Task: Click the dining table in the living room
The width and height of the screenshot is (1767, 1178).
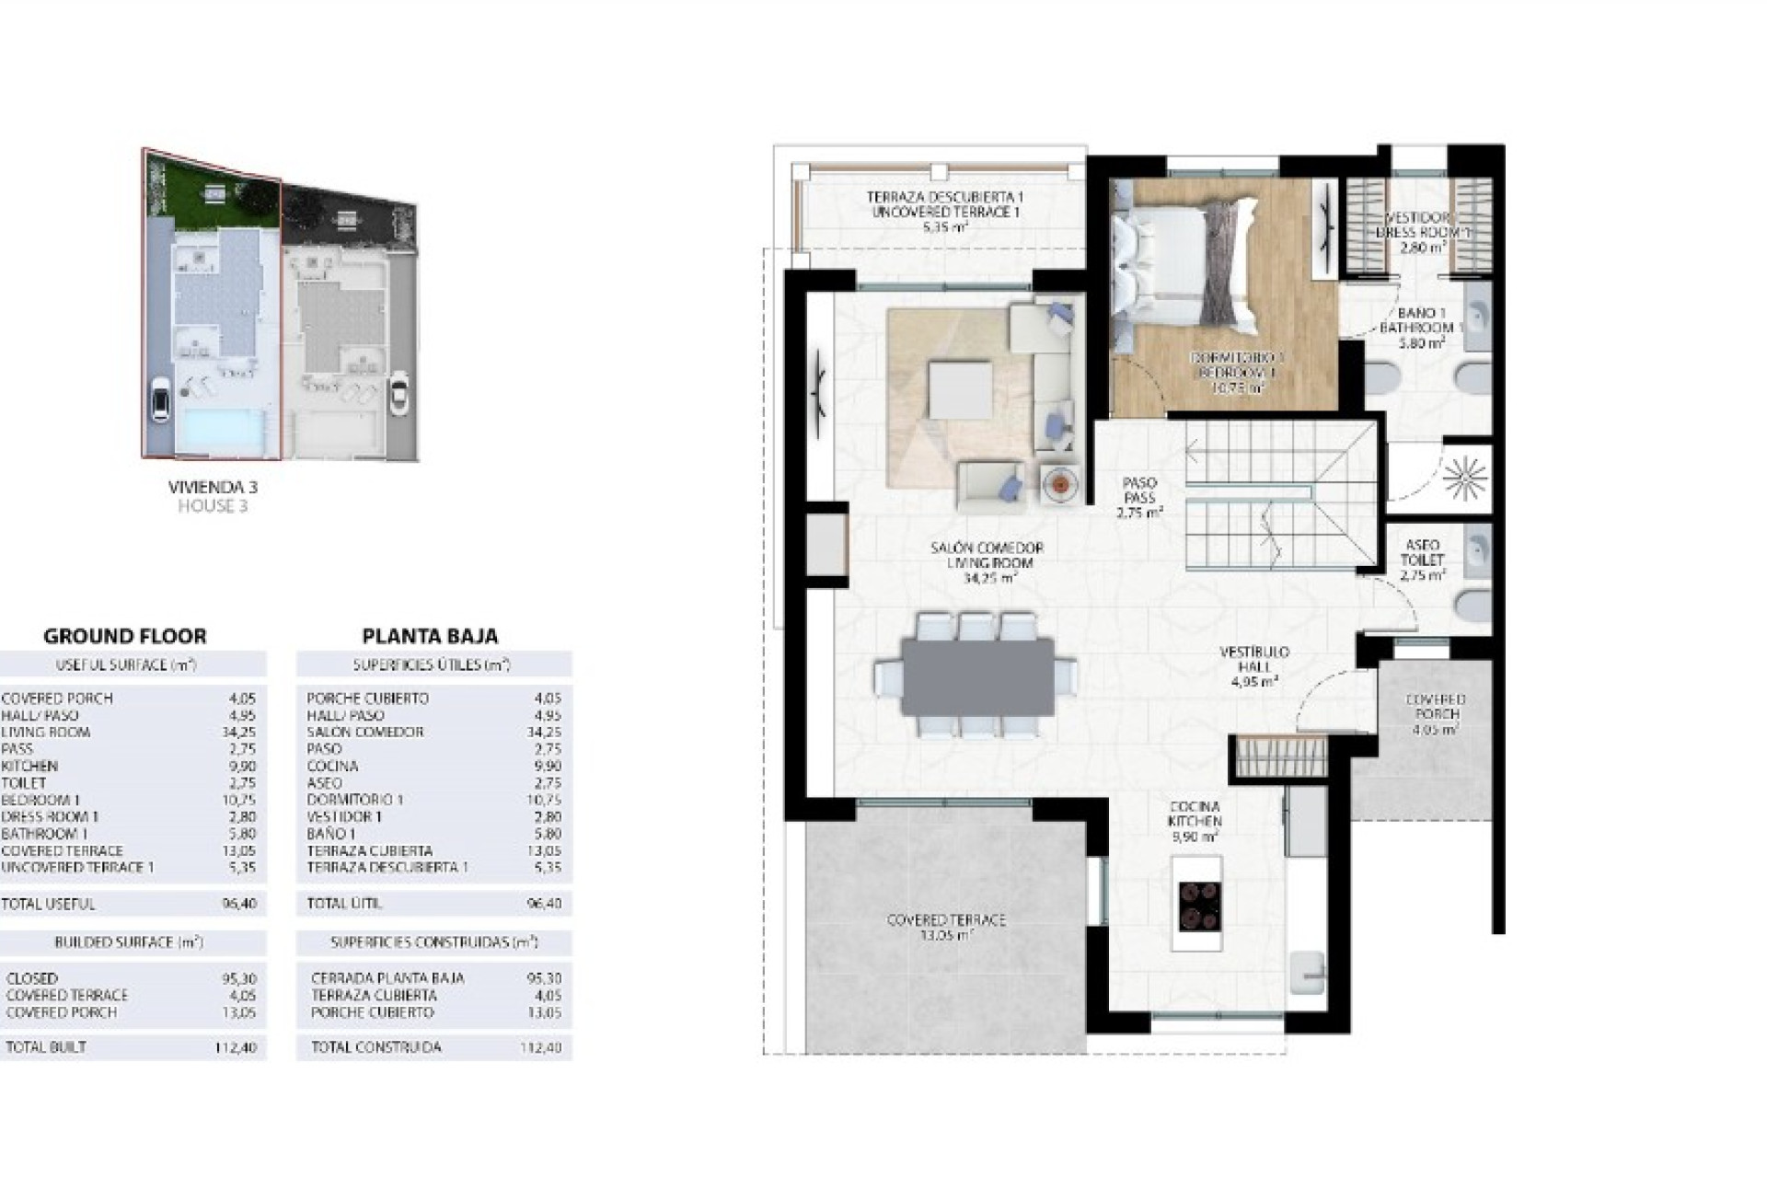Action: [x=977, y=677]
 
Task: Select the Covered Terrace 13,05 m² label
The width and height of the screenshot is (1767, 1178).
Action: [x=946, y=927]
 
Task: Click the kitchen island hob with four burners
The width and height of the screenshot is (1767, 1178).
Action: [x=1198, y=904]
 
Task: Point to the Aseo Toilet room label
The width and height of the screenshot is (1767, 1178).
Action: [x=1422, y=560]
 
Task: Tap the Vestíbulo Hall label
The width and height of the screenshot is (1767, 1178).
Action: [x=1253, y=666]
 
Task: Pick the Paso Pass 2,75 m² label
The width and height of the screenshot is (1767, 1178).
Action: [x=1139, y=497]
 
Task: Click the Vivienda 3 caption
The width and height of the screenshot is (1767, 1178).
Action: [x=212, y=487]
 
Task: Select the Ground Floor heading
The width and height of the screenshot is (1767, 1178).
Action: [x=125, y=636]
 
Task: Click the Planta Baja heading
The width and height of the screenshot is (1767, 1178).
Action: [x=430, y=636]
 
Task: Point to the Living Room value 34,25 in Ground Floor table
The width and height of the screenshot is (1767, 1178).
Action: [x=241, y=733]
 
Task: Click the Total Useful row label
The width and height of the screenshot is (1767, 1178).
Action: [x=48, y=904]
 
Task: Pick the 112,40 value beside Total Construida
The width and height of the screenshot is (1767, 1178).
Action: [x=545, y=1047]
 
